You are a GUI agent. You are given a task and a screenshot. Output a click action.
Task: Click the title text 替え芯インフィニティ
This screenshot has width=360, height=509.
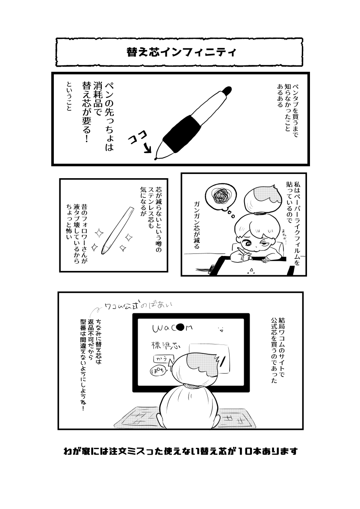click(x=181, y=52)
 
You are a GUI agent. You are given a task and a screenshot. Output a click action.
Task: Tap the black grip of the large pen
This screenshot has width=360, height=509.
click(x=182, y=133)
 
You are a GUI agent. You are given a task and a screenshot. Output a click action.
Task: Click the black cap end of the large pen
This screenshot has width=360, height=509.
click(x=227, y=90)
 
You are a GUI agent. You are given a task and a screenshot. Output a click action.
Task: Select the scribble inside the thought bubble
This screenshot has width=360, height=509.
click(x=221, y=196)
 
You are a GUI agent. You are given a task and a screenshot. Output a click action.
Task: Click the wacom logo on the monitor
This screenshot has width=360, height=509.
click(x=172, y=328)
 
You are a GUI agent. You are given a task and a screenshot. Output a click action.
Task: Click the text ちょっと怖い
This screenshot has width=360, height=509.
click(x=69, y=222)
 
